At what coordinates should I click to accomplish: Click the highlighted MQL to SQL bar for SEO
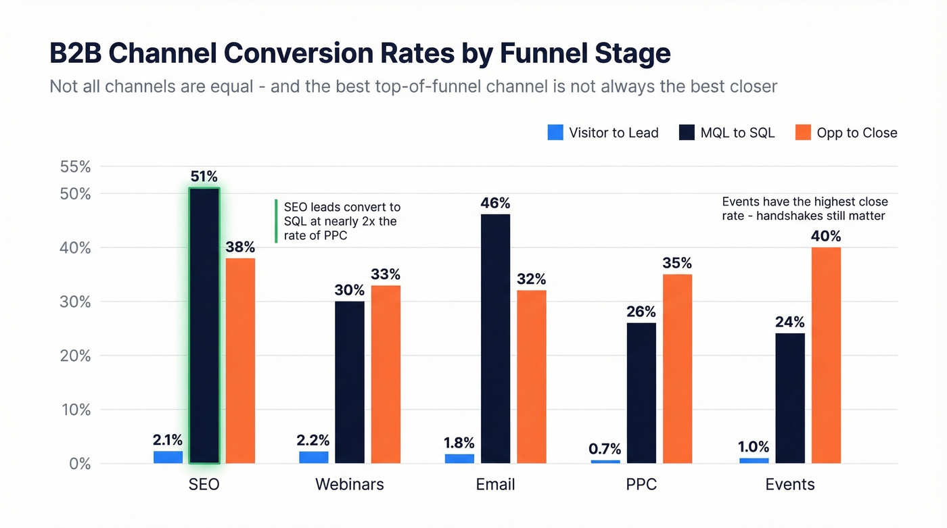click(x=204, y=325)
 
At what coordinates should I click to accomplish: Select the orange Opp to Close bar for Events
click(x=826, y=355)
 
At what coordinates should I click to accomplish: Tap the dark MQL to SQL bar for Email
click(x=496, y=339)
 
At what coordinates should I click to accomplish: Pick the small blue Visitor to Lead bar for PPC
click(x=605, y=461)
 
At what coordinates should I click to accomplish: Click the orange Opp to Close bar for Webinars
click(x=386, y=374)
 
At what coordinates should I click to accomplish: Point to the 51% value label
click(x=204, y=177)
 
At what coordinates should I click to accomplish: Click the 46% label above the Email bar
click(x=496, y=203)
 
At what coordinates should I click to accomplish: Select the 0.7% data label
click(x=605, y=449)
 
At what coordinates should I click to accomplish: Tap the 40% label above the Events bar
click(x=826, y=237)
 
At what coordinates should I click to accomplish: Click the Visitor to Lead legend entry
click(x=603, y=133)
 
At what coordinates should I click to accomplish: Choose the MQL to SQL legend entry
click(x=726, y=133)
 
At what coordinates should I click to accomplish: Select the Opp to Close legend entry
click(x=846, y=133)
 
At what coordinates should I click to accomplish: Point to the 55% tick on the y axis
click(x=76, y=166)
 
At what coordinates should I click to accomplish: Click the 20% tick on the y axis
click(x=76, y=356)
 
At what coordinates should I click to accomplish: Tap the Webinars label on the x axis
click(x=349, y=485)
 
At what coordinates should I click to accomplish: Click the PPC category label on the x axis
click(x=641, y=485)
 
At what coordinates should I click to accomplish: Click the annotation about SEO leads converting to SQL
click(x=341, y=221)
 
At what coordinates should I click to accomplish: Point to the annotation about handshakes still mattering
click(x=804, y=209)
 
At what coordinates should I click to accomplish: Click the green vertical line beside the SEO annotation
click(x=276, y=221)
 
